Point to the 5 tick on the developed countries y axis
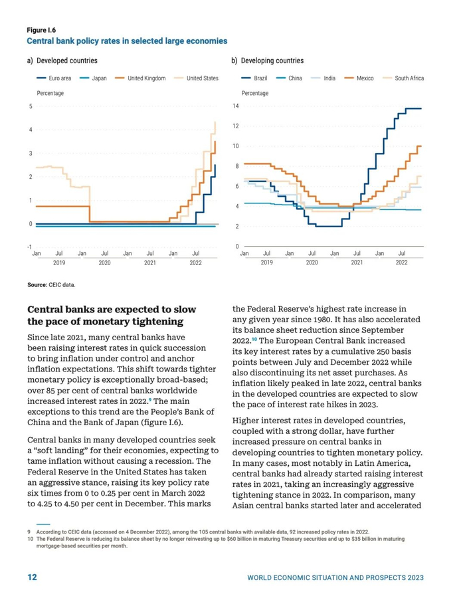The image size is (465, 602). click(31, 106)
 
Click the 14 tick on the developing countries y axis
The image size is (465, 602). click(235, 106)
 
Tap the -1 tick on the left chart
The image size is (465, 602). click(30, 247)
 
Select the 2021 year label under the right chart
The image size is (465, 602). click(357, 262)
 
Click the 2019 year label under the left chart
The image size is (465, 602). click(59, 262)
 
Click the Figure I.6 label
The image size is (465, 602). click(41, 31)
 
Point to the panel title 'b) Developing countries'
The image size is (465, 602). click(267, 60)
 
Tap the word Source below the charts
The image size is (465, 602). click(37, 285)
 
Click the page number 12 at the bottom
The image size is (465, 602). click(31, 577)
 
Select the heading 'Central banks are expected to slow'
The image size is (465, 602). click(111, 310)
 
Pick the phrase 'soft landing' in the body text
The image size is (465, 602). click(63, 451)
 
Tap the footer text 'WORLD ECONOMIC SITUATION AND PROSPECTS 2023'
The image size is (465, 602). click(335, 578)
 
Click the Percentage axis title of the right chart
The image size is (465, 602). click(255, 93)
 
